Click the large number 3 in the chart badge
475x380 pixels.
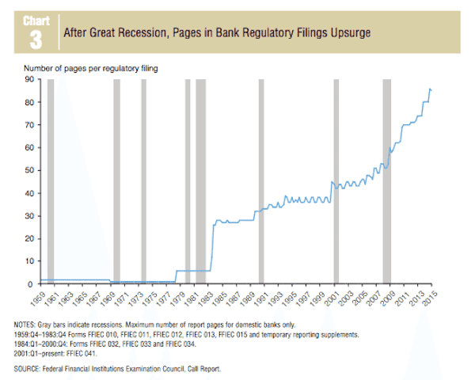[36, 39]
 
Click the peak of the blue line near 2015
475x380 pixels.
[430, 89]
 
